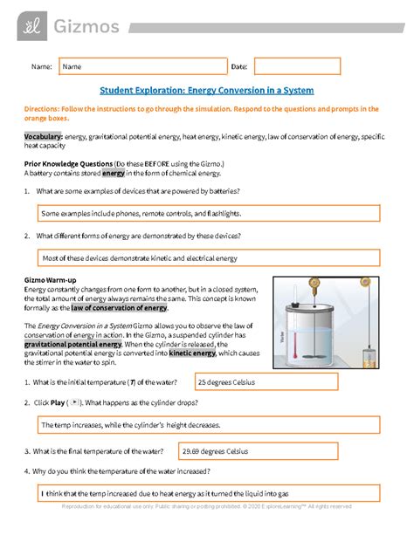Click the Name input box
[x=140, y=66]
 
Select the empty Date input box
[x=296, y=66]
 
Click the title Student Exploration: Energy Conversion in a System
[x=206, y=91]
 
